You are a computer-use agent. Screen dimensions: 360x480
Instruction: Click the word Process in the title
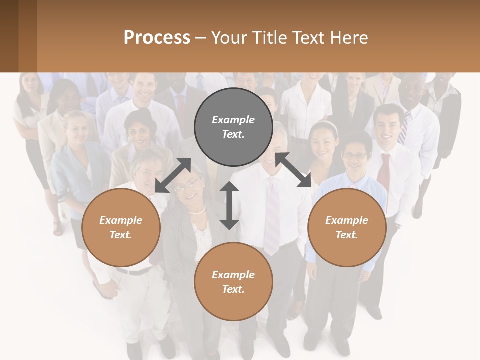pos(157,37)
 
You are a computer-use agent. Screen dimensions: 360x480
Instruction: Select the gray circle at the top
pos(233,127)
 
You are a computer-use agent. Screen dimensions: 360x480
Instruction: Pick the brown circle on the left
pos(121,227)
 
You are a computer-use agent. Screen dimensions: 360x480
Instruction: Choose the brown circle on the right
pos(347,227)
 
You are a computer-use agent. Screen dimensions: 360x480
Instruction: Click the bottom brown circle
pos(233,282)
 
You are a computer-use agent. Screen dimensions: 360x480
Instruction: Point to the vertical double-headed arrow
pos(229,205)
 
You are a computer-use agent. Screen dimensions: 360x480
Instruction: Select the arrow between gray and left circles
pos(173,175)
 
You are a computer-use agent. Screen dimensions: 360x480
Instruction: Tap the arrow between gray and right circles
pos(293,170)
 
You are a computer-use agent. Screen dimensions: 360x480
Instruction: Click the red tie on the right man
pos(384,175)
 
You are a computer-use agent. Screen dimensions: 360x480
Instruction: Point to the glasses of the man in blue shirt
pos(355,156)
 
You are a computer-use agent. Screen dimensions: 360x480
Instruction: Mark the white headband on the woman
pos(325,125)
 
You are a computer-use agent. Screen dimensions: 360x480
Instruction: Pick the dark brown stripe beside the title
pos(27,36)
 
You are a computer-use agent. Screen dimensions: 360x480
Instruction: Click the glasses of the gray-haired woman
pos(185,186)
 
